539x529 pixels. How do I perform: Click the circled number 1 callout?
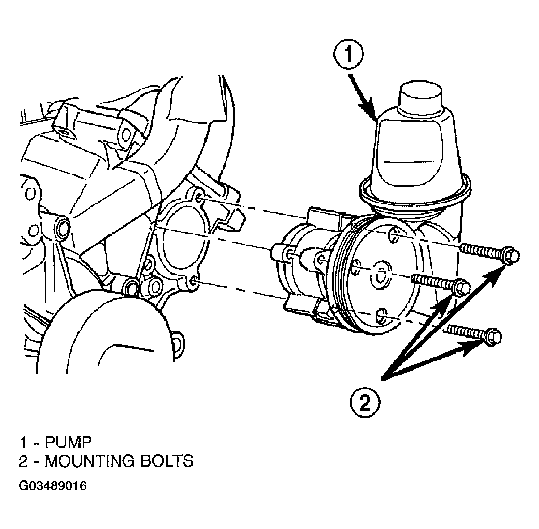coord(348,56)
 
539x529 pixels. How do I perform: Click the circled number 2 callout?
coord(365,402)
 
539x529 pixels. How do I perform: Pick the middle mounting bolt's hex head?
coord(462,287)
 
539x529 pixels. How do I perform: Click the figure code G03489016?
coord(53,486)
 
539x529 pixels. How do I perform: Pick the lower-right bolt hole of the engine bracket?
coord(194,281)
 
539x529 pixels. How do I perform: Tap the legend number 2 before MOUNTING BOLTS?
coord(23,461)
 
